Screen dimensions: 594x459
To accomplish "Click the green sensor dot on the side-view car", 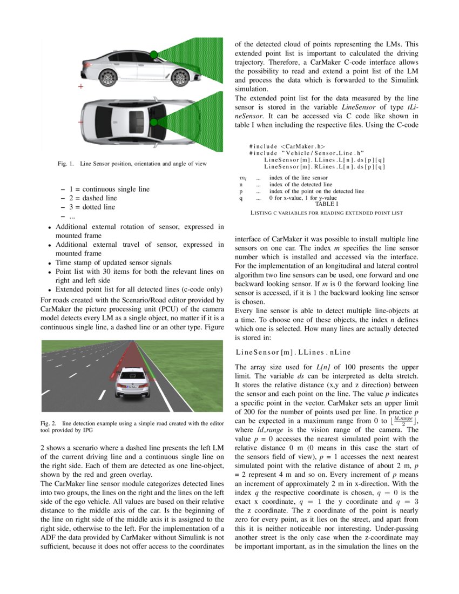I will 154,54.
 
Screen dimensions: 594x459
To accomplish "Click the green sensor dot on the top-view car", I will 153,122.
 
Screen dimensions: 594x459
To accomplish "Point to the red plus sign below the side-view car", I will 81,86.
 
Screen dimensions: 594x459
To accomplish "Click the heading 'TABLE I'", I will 327,204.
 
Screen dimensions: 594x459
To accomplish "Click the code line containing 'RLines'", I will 324,166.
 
